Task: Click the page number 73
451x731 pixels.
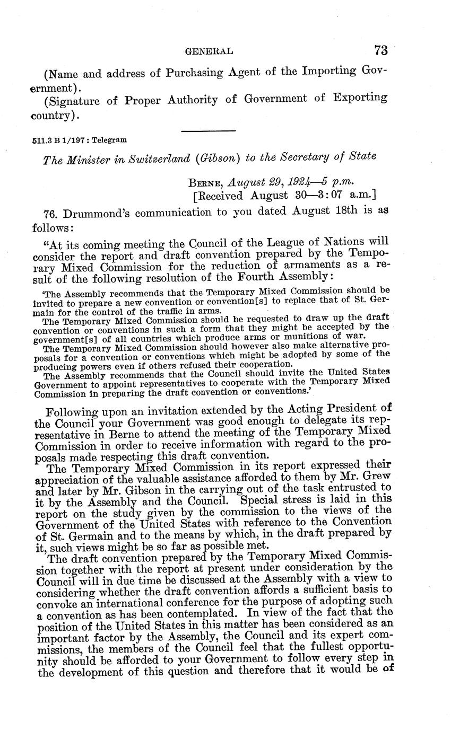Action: click(380, 50)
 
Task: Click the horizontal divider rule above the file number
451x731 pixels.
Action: click(208, 130)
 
